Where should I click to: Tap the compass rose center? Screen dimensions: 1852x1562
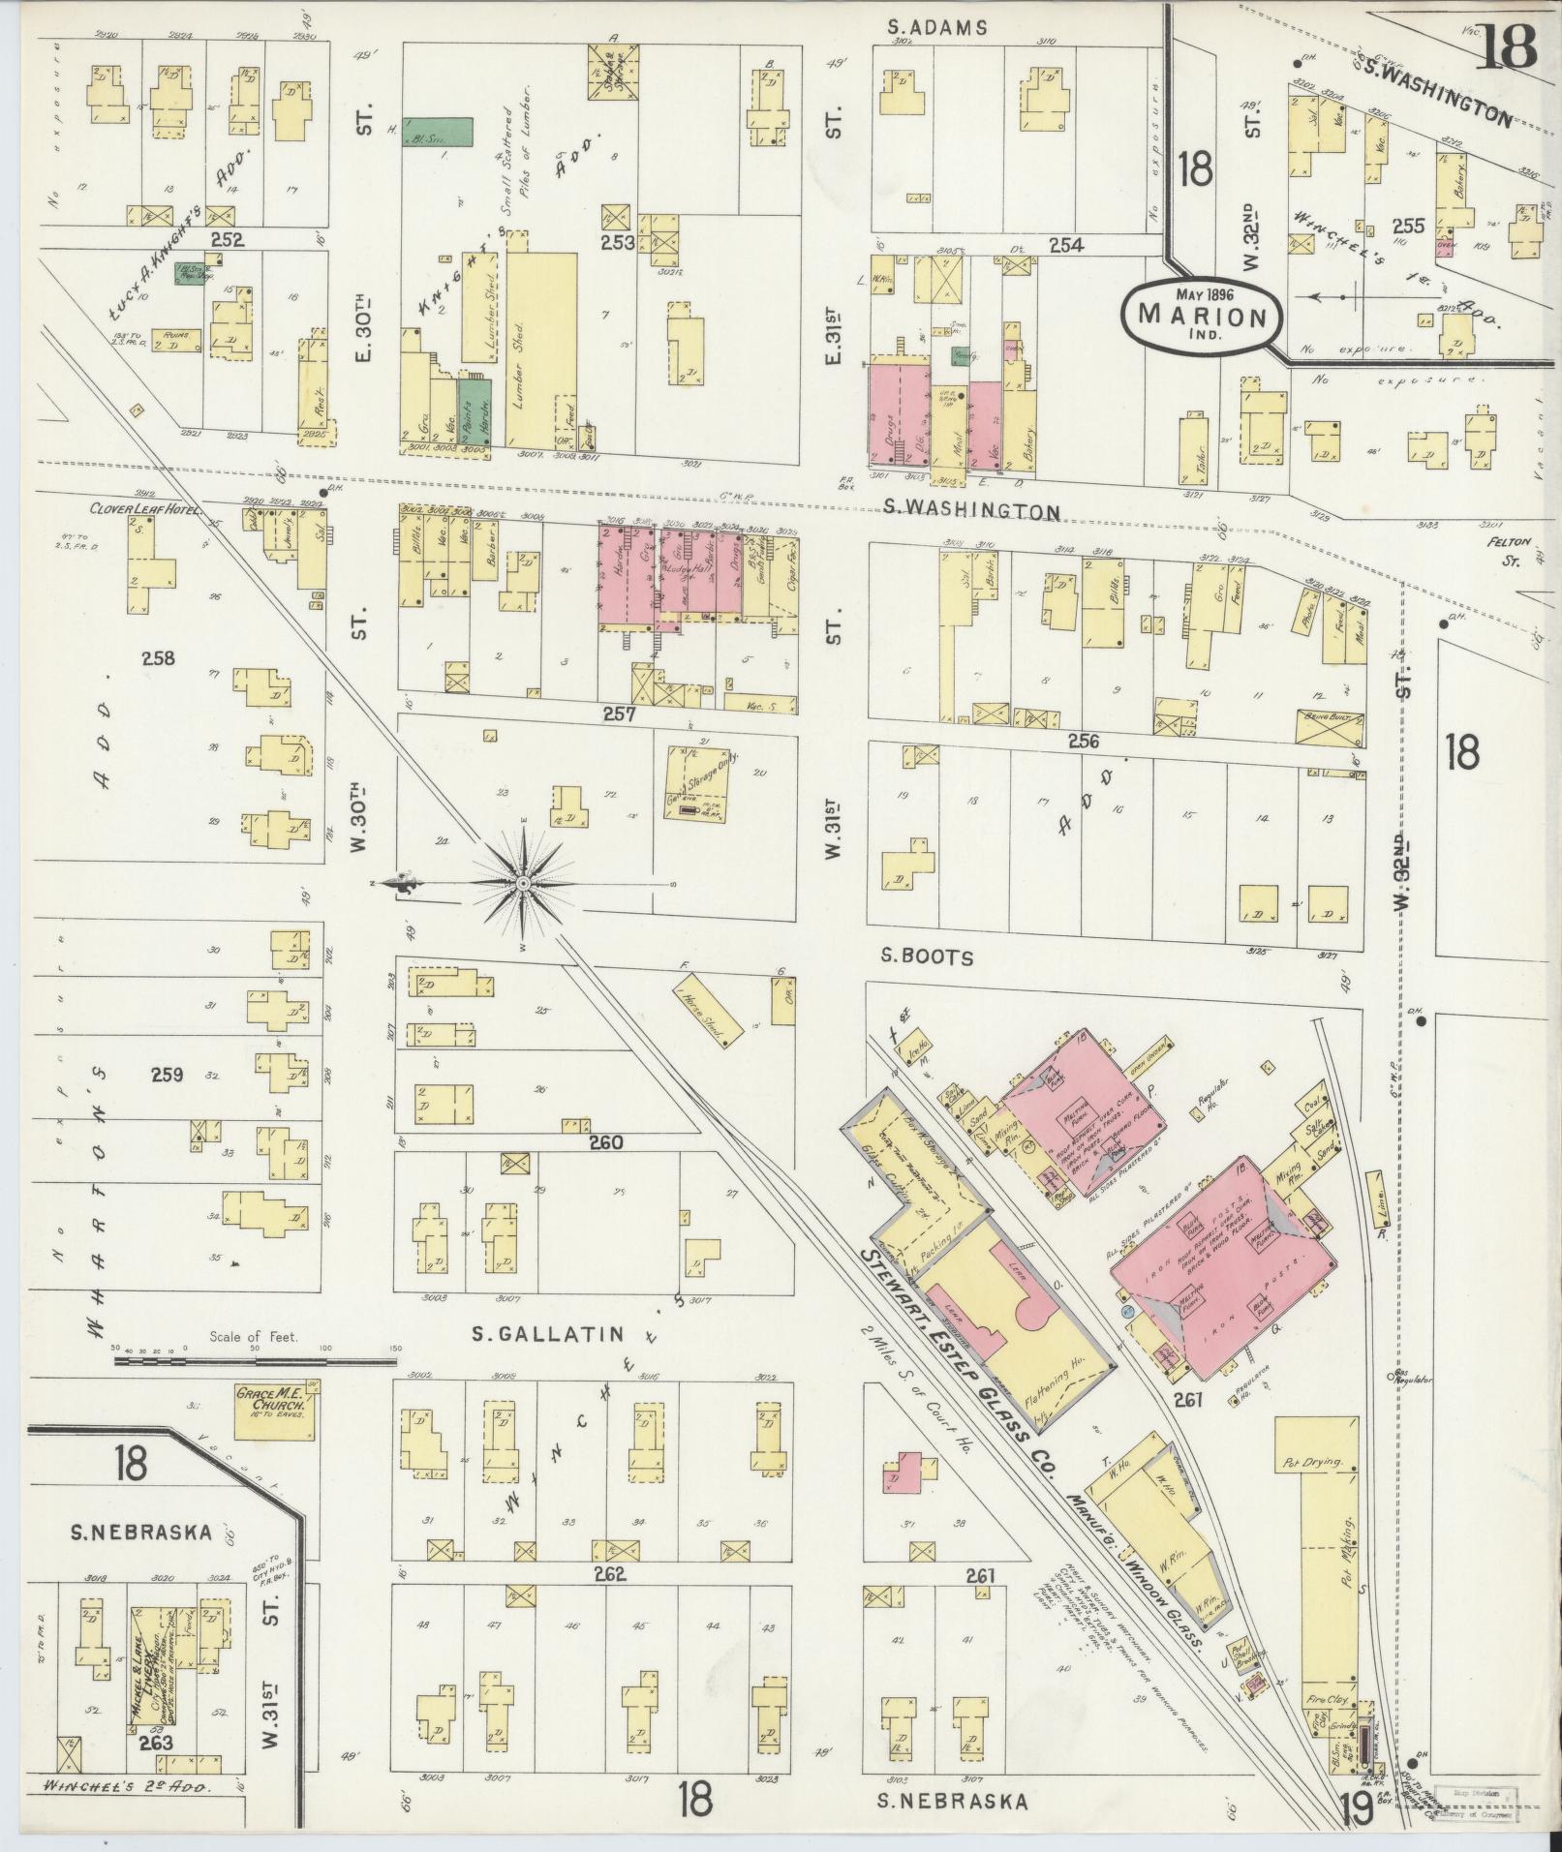[x=523, y=883]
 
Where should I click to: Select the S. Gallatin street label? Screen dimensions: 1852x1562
[x=533, y=1335]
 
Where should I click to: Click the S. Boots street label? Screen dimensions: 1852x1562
[x=927, y=956]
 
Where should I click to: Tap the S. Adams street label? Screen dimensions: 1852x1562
[x=937, y=28]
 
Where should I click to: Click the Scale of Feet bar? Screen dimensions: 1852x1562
[x=257, y=1360]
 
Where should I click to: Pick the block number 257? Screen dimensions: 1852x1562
[x=617, y=714]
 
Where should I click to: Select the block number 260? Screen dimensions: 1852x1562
[x=606, y=1142]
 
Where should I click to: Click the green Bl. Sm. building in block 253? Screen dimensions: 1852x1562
[x=438, y=133]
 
